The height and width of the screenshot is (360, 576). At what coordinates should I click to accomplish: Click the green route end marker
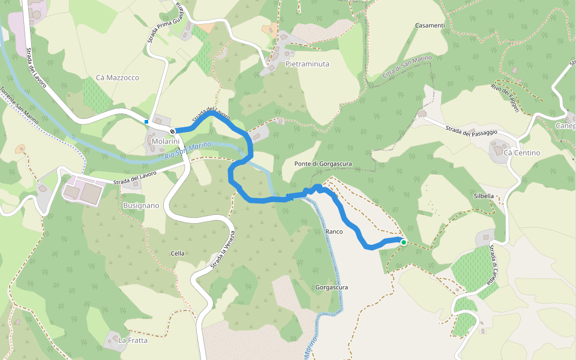click(x=404, y=242)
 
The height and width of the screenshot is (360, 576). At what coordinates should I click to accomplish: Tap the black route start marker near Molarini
click(x=172, y=131)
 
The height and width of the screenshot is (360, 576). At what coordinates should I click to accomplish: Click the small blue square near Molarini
click(x=146, y=122)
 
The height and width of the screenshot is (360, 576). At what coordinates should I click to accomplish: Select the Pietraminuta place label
click(x=307, y=64)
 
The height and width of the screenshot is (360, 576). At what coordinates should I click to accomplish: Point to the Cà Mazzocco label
click(x=118, y=78)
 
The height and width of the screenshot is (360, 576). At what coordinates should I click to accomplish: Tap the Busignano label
click(x=141, y=205)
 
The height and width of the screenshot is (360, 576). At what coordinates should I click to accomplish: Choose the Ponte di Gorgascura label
click(x=323, y=164)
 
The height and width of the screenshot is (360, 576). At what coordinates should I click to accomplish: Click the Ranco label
click(x=334, y=231)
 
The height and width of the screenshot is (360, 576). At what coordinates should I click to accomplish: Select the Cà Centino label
click(x=522, y=153)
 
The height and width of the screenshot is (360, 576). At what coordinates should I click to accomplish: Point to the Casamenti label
click(x=430, y=25)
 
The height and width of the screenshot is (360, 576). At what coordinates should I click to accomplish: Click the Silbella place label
click(x=484, y=196)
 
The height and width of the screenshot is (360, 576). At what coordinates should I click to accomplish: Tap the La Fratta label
click(x=133, y=341)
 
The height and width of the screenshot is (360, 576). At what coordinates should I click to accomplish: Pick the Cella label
click(x=177, y=253)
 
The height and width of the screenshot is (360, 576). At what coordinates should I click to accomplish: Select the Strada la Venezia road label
click(x=221, y=249)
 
